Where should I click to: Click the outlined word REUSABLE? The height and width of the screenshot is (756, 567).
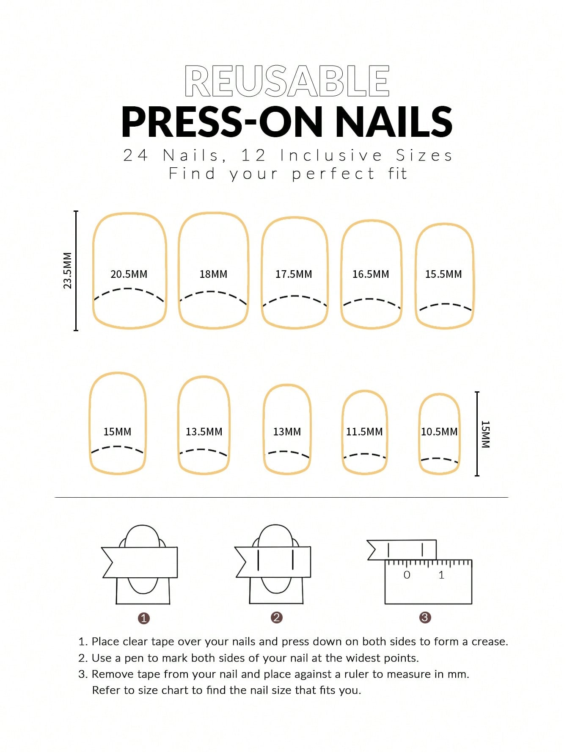pyautogui.click(x=287, y=81)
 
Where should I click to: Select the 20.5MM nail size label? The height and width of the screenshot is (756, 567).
pyautogui.click(x=129, y=274)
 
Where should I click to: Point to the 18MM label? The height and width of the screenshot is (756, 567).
pyautogui.click(x=213, y=274)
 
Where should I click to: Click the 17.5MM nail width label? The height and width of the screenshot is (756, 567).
pyautogui.click(x=294, y=274)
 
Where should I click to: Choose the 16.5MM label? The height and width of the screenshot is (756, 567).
pyautogui.click(x=371, y=274)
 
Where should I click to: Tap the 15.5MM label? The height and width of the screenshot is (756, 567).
pyautogui.click(x=443, y=274)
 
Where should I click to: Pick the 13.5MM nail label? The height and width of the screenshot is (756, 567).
pyautogui.click(x=204, y=432)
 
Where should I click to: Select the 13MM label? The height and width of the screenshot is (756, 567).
pyautogui.click(x=287, y=432)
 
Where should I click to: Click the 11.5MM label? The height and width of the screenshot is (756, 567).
pyautogui.click(x=364, y=432)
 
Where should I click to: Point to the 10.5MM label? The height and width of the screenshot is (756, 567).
pyautogui.click(x=439, y=432)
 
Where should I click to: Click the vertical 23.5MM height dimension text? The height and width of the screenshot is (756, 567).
pyautogui.click(x=68, y=271)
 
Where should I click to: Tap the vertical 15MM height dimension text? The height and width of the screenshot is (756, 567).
pyautogui.click(x=485, y=434)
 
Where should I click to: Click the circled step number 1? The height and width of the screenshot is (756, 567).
pyautogui.click(x=144, y=618)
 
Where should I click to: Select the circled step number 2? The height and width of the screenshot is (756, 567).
pyautogui.click(x=276, y=618)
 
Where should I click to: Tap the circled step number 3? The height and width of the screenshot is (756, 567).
pyautogui.click(x=425, y=618)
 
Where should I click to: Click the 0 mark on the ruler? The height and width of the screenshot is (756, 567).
pyautogui.click(x=407, y=575)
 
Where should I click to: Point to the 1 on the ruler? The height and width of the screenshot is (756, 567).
pyautogui.click(x=441, y=575)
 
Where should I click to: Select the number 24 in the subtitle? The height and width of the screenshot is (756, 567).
pyautogui.click(x=135, y=155)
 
